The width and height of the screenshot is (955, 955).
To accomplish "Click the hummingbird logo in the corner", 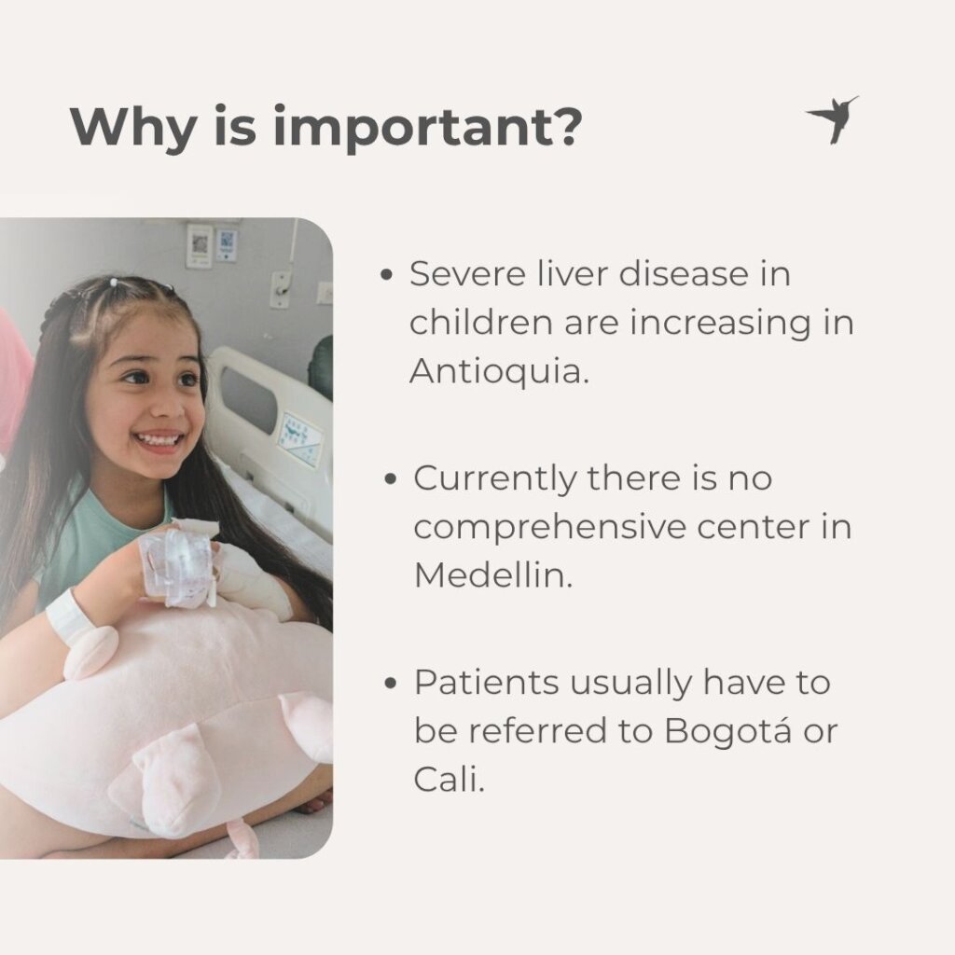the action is click(833, 118).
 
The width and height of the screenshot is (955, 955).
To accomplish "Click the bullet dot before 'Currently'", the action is click(391, 478).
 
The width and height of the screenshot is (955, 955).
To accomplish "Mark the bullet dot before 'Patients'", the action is click(391, 683).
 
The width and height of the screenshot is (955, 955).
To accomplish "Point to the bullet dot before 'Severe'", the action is click(386, 275).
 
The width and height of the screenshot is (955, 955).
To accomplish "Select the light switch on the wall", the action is click(280, 289).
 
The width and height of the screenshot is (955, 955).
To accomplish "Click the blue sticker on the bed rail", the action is click(299, 439).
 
